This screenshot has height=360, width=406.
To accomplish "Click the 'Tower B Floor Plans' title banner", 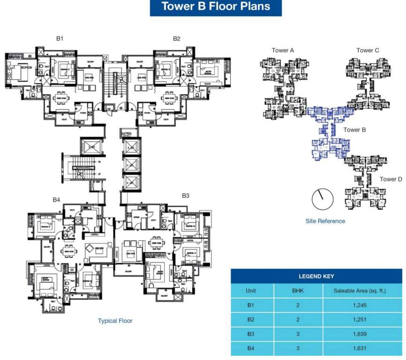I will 216,7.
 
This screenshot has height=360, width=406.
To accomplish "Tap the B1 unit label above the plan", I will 60,38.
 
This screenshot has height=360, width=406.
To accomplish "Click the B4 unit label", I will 56,200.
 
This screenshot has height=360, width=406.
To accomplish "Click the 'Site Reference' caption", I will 325,221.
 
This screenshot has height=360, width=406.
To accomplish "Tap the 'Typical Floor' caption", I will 115,321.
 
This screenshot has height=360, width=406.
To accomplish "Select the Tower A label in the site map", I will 283,50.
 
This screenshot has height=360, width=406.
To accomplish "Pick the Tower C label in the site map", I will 368,50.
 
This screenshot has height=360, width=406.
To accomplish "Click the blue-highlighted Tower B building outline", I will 328,136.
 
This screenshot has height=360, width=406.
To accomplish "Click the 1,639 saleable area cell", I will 360,334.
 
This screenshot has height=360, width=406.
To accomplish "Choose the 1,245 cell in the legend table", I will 360,305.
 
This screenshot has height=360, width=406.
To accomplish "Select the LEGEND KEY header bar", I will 316,277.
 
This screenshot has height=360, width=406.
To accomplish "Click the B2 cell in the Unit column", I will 251,320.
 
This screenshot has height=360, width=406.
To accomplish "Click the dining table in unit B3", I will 156,243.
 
